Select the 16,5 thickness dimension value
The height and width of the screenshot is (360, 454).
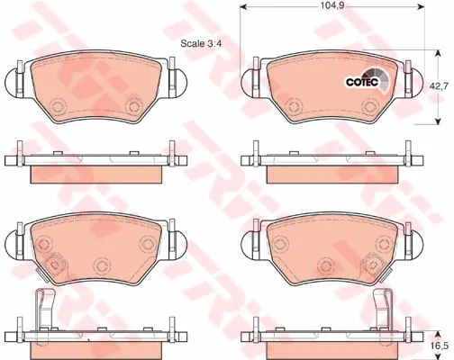[x=441, y=344]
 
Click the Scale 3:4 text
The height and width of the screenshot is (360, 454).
[x=201, y=43]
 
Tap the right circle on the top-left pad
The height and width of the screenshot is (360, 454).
[x=133, y=105]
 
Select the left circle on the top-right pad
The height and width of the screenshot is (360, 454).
[x=294, y=105]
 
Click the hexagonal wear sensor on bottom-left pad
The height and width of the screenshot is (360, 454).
[x=54, y=265]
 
